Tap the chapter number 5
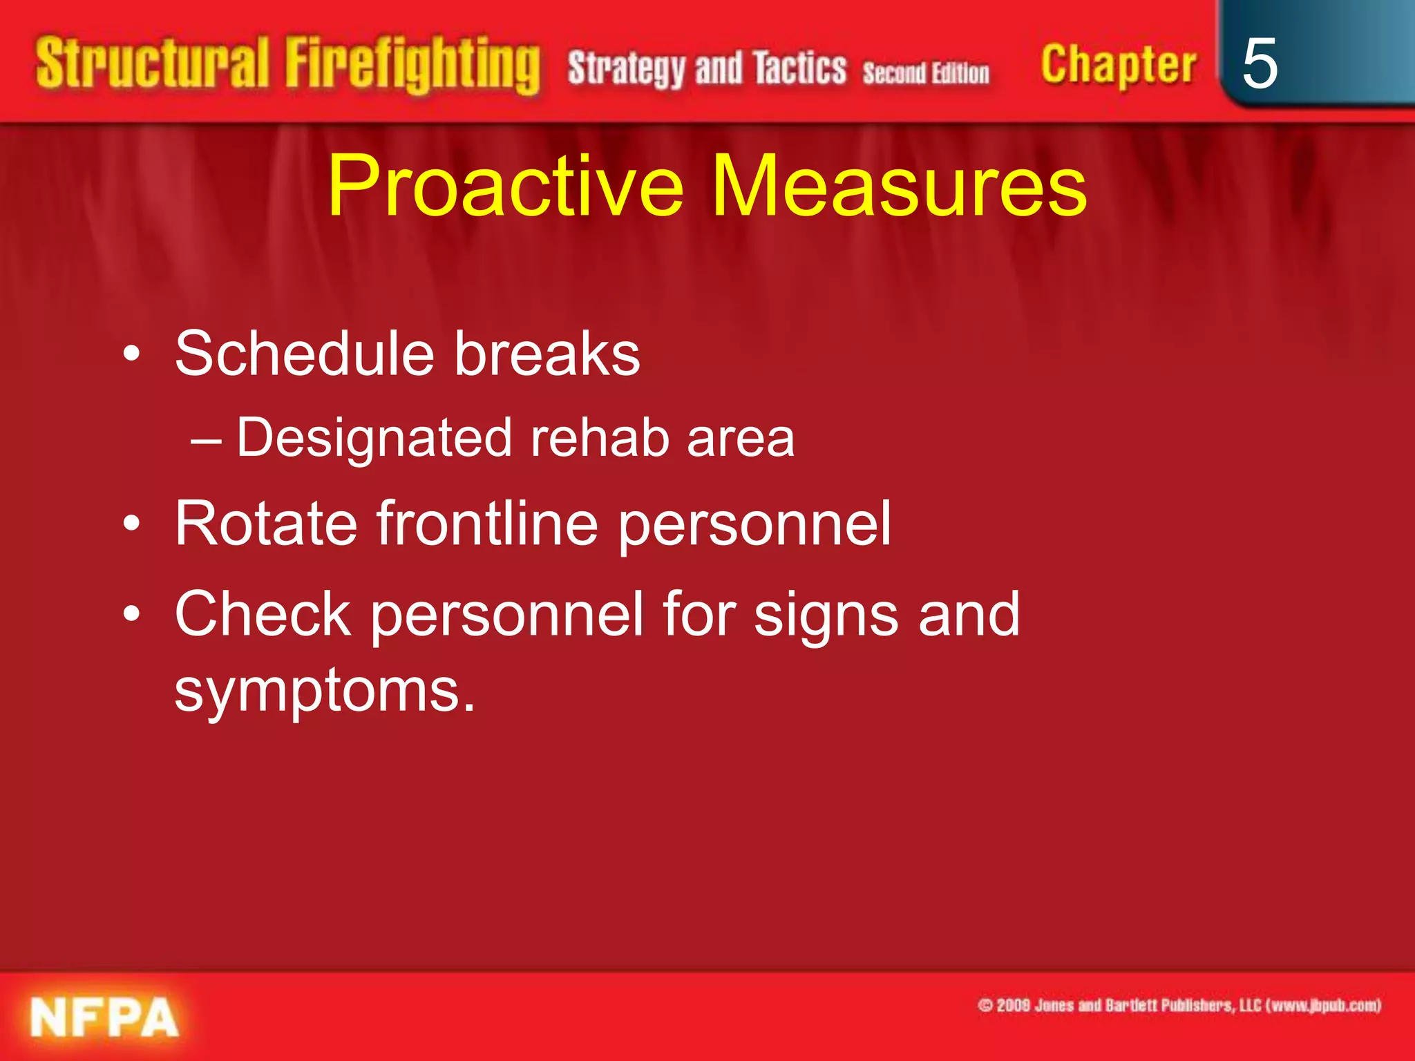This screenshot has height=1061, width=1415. coord(1259,64)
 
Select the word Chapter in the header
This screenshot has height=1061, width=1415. coord(1118,65)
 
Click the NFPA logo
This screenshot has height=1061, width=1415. coord(104,1017)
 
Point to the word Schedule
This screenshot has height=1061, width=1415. coord(304,354)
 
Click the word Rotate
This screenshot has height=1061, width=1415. coord(265,524)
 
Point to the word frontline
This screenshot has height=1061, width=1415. coord(486,524)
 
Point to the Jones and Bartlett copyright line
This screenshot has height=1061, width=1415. coord(1179,1005)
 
